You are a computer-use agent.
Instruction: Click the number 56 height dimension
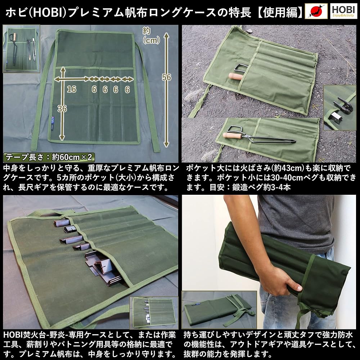(167, 77)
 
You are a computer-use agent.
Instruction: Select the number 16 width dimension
(72, 89)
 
